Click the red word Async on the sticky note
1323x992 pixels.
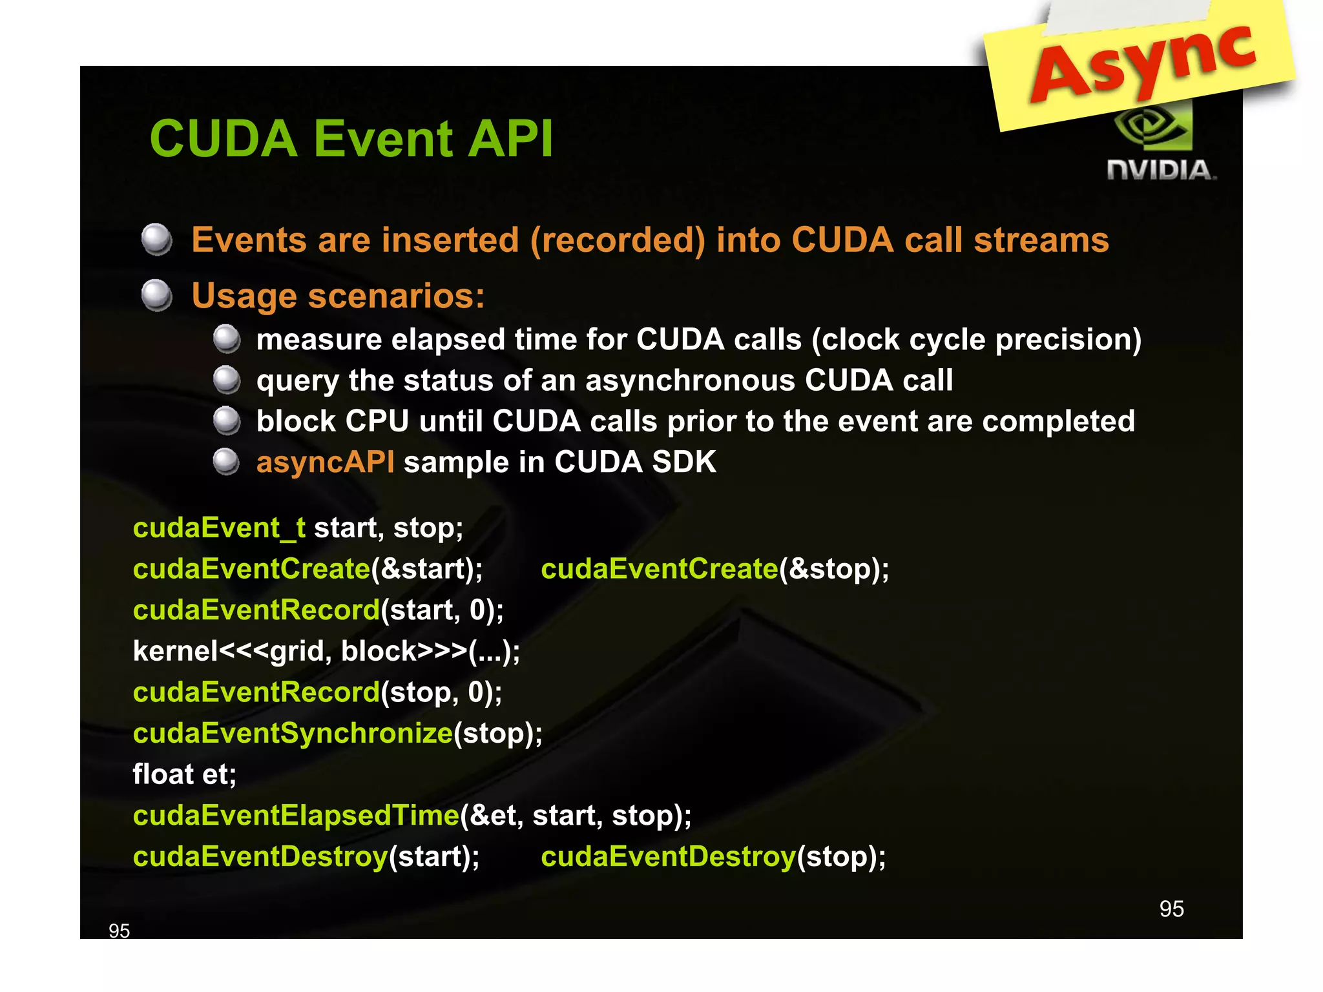[x=1143, y=61]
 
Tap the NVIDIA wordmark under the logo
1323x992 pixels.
[x=1161, y=170]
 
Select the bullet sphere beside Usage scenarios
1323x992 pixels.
[x=157, y=296]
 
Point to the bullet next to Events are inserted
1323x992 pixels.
[x=157, y=240]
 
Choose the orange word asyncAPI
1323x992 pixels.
[x=325, y=462]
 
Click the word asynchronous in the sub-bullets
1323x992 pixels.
[x=689, y=380]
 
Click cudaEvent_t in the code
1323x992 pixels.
[x=219, y=528]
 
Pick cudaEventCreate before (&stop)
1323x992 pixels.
[x=659, y=569]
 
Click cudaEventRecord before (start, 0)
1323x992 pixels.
[x=256, y=610]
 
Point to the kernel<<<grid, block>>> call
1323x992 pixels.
[x=326, y=651]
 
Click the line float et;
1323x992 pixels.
[x=184, y=774]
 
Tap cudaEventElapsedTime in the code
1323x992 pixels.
[x=295, y=816]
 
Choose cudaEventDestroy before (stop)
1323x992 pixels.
[x=668, y=857]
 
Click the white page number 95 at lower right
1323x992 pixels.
[x=1171, y=909]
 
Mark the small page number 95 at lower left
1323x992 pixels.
[x=119, y=931]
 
